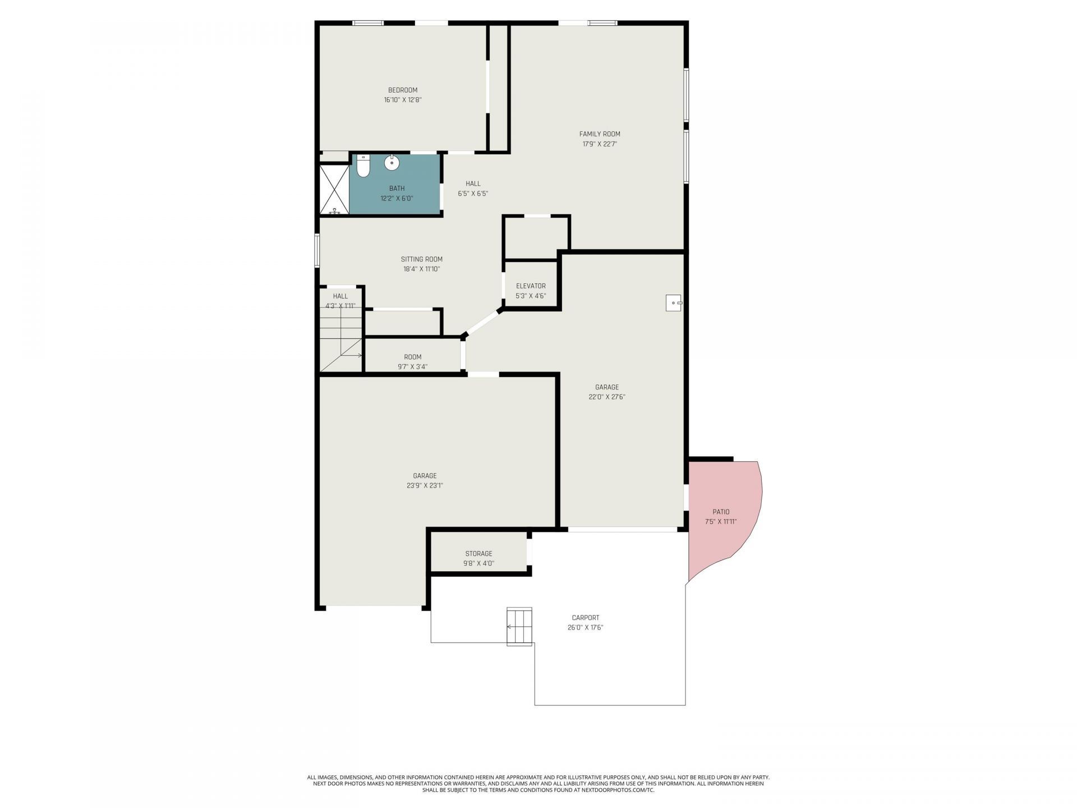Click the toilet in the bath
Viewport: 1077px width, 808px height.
pos(363,166)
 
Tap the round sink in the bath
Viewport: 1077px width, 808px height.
pos(392,163)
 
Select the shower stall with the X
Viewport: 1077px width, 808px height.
pos(334,189)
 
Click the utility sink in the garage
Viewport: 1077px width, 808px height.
pos(674,302)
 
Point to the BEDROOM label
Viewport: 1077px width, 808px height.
pos(403,90)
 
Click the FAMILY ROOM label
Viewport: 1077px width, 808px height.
pos(600,134)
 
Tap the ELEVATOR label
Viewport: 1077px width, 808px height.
pos(531,286)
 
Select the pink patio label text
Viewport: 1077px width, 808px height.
pos(721,512)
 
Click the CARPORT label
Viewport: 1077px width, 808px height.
pos(585,618)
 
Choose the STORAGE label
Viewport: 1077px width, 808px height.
pos(478,554)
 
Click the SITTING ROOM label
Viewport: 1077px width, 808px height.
pos(422,259)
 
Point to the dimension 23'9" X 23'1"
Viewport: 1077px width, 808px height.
pos(425,486)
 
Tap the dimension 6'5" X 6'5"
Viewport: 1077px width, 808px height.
pos(473,194)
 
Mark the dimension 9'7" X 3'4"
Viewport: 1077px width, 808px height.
pos(413,367)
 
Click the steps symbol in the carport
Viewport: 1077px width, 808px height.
pos(519,626)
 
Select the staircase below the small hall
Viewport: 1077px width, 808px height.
pos(341,340)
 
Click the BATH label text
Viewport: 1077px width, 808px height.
pos(397,189)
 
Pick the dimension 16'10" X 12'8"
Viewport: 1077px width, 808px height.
pos(403,100)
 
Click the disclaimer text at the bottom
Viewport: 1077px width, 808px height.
pos(538,784)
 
